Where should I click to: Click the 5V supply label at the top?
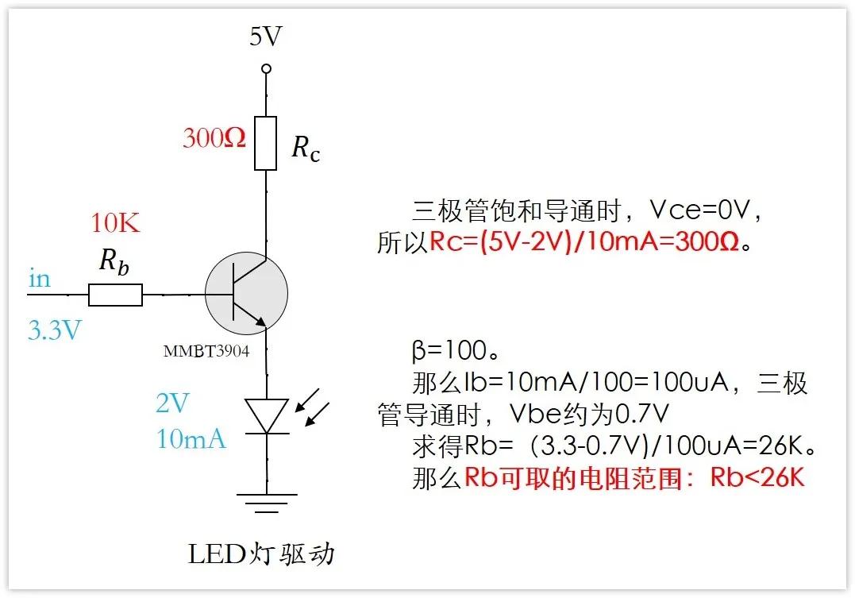pyautogui.click(x=266, y=37)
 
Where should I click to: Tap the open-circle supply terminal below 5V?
pyautogui.click(x=266, y=69)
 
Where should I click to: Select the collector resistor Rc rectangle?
pyautogui.click(x=265, y=143)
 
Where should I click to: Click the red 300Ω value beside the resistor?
pyautogui.click(x=214, y=138)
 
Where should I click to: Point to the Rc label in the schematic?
pyautogui.click(x=306, y=149)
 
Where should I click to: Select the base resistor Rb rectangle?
pyautogui.click(x=115, y=295)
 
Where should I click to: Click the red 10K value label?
pyautogui.click(x=116, y=223)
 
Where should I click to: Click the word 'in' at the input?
pyautogui.click(x=39, y=279)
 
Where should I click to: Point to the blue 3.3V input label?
pyautogui.click(x=55, y=329)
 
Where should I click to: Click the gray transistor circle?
pyautogui.click(x=246, y=293)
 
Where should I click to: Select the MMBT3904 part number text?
pyautogui.click(x=206, y=350)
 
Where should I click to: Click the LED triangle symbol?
pyautogui.click(x=266, y=415)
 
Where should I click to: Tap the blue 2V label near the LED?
pyautogui.click(x=172, y=403)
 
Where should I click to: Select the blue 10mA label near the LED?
pyautogui.click(x=191, y=438)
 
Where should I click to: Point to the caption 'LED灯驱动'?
pyautogui.click(x=261, y=554)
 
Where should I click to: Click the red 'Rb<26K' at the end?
pyautogui.click(x=757, y=478)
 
